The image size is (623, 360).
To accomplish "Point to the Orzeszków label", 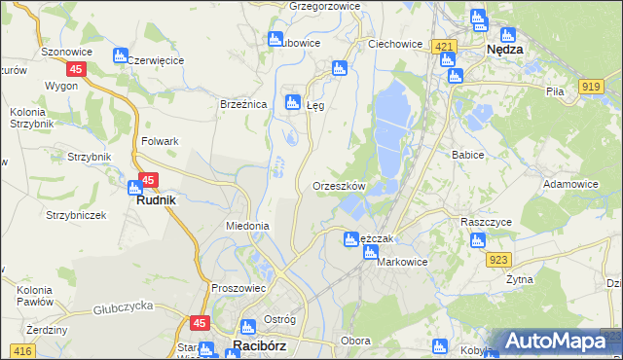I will click(339, 186).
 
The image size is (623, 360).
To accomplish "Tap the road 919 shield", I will click(590, 87).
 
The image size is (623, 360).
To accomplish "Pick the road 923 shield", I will click(499, 259).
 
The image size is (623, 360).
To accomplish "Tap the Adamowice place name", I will click(570, 183).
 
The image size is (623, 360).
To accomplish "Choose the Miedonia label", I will click(246, 226).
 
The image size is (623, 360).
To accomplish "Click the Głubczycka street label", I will click(125, 310).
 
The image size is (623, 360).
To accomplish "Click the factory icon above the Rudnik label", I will click(135, 187).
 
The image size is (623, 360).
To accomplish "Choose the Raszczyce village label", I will click(486, 222).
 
